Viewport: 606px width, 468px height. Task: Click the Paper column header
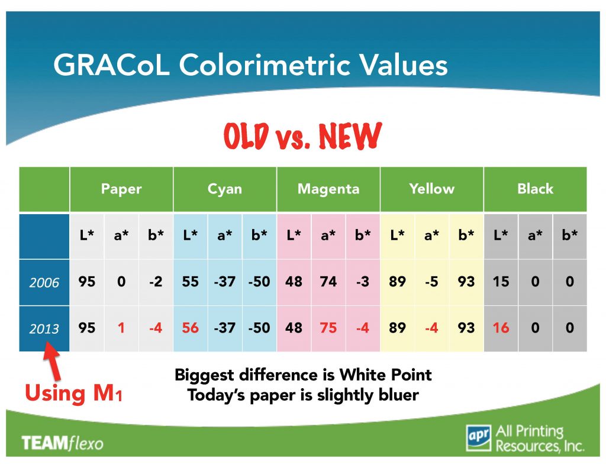(x=121, y=189)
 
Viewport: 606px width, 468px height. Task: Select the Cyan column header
(x=225, y=189)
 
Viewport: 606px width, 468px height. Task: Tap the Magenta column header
(x=328, y=189)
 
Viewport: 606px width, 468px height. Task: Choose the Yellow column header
(x=432, y=189)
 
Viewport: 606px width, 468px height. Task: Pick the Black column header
(x=535, y=189)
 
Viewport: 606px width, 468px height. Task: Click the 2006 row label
(x=44, y=283)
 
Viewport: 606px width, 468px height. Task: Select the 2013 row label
(x=44, y=328)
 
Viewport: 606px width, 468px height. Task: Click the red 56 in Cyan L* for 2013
(x=191, y=328)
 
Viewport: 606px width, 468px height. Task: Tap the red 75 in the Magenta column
(x=328, y=328)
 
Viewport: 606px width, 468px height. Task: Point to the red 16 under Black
(x=501, y=328)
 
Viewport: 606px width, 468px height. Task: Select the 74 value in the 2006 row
(x=328, y=282)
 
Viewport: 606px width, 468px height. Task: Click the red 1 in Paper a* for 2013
(x=121, y=328)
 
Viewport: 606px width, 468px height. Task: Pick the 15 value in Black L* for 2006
(x=501, y=282)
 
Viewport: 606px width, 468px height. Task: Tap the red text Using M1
(x=73, y=393)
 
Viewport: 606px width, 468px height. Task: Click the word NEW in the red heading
(x=349, y=137)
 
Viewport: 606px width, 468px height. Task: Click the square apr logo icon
(x=478, y=437)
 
